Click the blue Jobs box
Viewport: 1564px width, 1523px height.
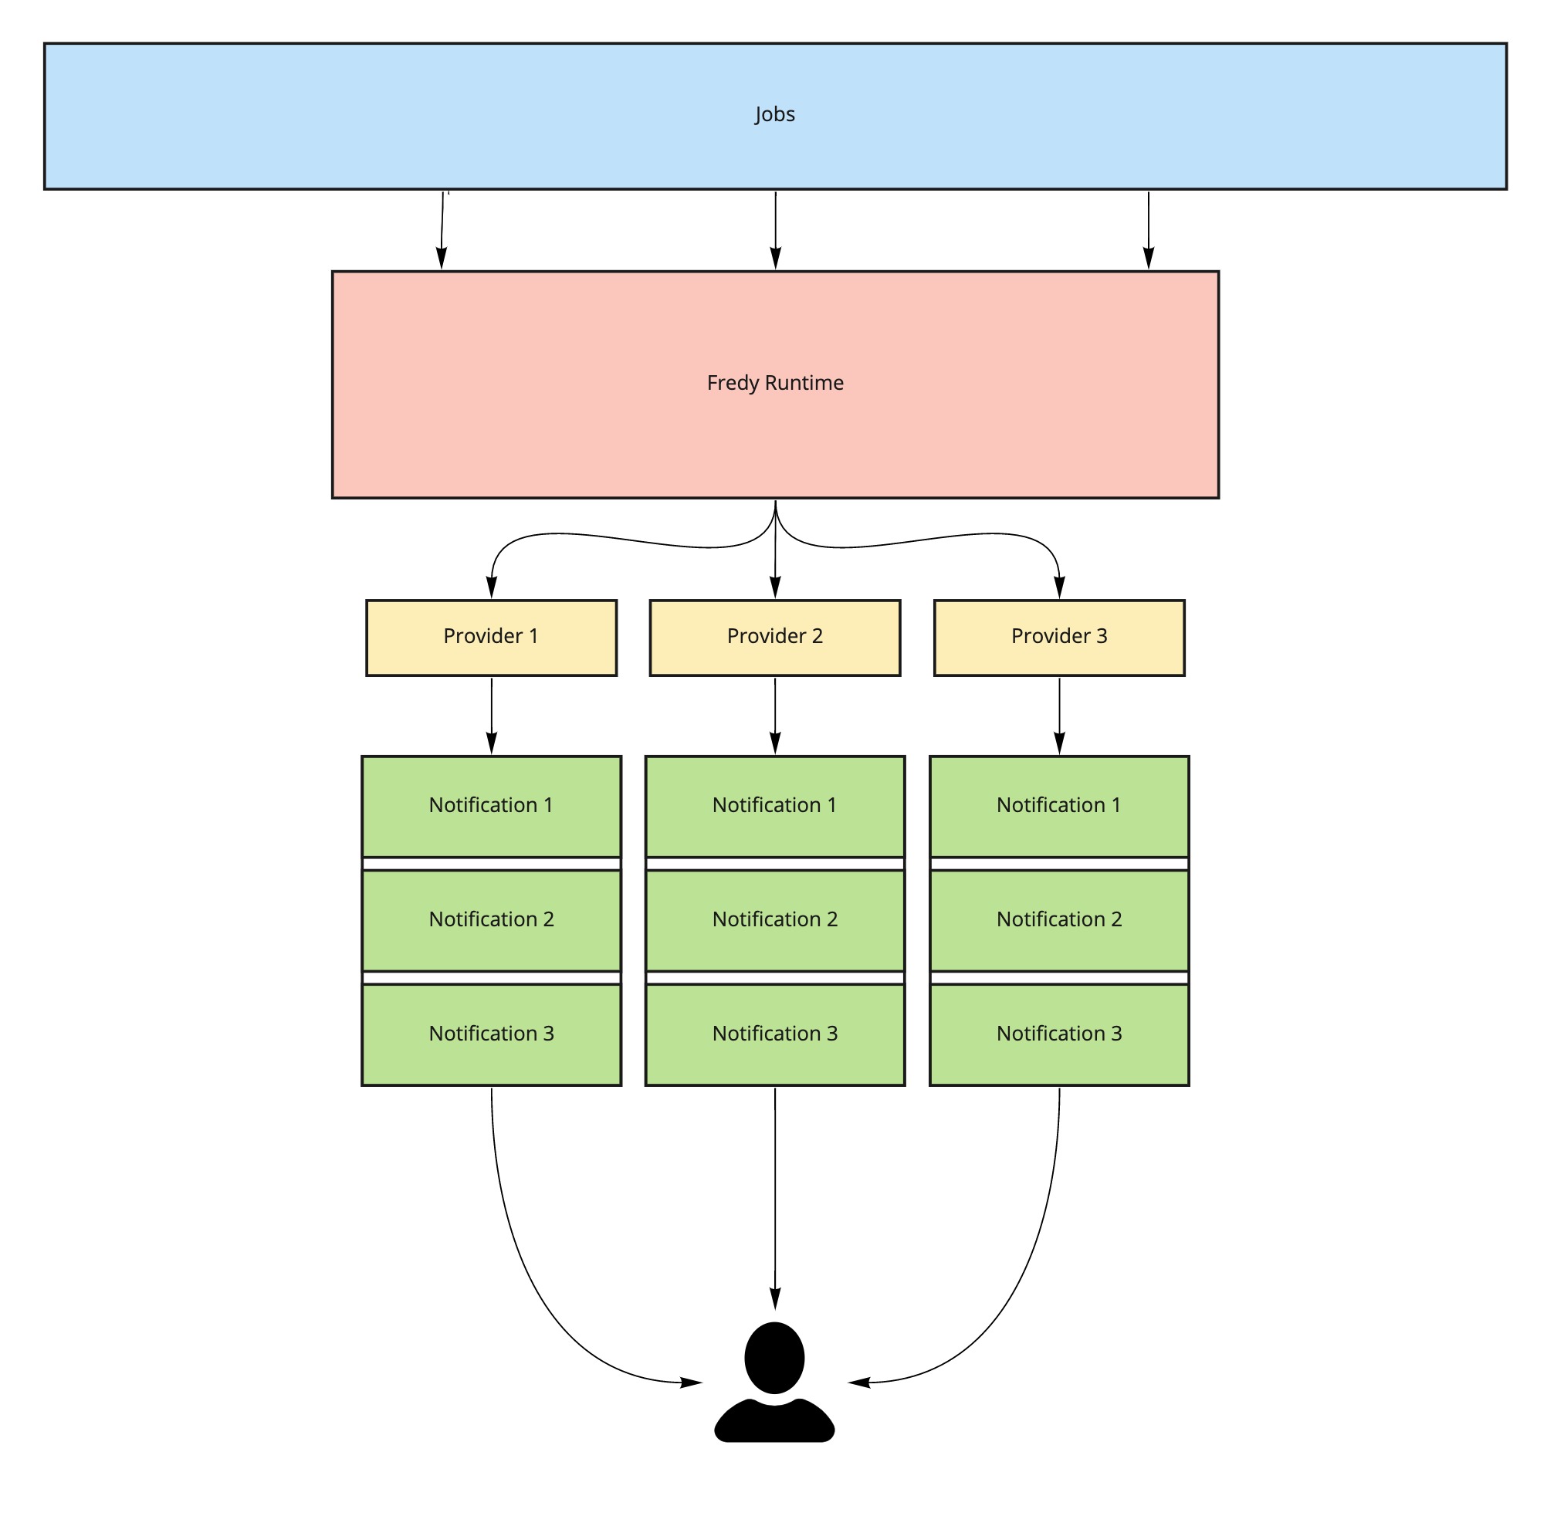(775, 117)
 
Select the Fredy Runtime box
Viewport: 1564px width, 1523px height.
(775, 384)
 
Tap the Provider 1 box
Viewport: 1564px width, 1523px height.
(491, 638)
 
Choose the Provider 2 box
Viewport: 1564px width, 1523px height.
(775, 638)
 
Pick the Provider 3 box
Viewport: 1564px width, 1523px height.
(1059, 638)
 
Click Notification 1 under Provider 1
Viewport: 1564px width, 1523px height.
(491, 807)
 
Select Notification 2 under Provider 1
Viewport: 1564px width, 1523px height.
(491, 921)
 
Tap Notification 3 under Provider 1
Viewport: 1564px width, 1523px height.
(491, 1035)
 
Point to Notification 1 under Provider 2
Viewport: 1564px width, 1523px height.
(775, 807)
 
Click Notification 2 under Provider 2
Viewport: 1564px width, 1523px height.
(775, 921)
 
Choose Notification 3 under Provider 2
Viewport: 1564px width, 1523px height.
(775, 1035)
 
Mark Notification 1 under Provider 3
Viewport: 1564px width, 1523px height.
(1059, 807)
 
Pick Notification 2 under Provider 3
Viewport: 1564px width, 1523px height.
(1059, 921)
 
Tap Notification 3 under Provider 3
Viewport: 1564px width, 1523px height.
(1059, 1035)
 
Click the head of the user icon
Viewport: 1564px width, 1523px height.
(774, 1359)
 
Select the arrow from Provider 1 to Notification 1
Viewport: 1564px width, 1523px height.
(491, 716)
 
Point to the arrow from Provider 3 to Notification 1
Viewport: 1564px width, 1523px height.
(1059, 716)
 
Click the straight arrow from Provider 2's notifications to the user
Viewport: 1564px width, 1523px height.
(775, 1199)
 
